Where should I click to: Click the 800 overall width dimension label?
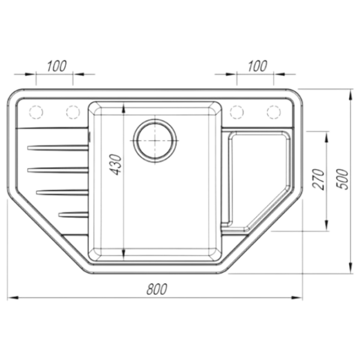point(157,289)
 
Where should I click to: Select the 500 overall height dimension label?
point(343,179)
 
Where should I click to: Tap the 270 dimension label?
point(319,179)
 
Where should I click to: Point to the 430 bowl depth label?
point(115,165)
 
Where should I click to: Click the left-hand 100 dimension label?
point(57,66)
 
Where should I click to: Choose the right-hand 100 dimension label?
point(257,66)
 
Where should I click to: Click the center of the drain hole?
point(155,140)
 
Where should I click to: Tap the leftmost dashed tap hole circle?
point(36,112)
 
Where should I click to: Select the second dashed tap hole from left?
point(73,112)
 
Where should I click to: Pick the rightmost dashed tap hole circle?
point(274,112)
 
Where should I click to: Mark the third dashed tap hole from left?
point(237,112)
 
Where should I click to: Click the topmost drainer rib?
point(58,148)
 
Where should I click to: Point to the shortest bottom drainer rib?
point(73,215)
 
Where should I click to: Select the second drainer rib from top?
point(58,170)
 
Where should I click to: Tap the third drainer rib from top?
point(62,193)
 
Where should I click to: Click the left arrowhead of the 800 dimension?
point(13,298)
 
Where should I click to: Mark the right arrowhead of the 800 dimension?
point(297,298)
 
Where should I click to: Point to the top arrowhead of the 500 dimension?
point(350,95)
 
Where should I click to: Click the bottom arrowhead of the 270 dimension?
point(326,225)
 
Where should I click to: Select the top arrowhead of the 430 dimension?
point(124,107)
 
